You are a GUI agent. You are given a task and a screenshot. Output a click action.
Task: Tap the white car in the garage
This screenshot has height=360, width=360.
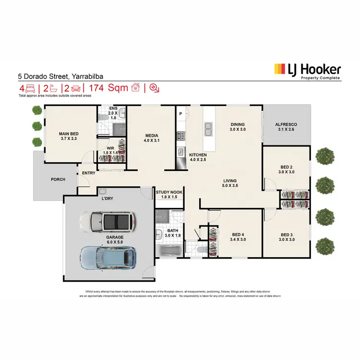point(106,222)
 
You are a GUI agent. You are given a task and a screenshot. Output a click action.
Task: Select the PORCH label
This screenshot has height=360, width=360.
point(58,180)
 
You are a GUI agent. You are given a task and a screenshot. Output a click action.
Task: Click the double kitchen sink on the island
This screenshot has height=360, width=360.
point(209,130)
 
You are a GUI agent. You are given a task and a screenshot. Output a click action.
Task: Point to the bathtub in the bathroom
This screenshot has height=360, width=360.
point(169,251)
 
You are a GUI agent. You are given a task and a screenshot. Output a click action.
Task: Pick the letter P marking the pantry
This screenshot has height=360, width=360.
point(180,114)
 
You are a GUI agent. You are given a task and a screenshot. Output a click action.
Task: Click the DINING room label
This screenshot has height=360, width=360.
point(238,126)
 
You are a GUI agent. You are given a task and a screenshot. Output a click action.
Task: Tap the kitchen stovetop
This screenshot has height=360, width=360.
point(181,135)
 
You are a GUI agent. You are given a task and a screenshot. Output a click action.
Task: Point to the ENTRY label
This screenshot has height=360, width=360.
point(88,173)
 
